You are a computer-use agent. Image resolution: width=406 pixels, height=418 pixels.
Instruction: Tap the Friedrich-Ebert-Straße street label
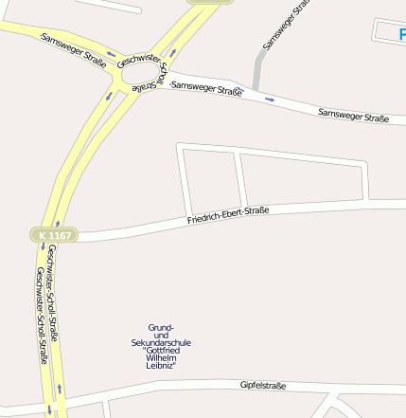tap(228, 215)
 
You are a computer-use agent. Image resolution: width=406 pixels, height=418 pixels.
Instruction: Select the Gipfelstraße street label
tap(263, 386)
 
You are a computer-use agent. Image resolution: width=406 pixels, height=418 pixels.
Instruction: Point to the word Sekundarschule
tap(162, 342)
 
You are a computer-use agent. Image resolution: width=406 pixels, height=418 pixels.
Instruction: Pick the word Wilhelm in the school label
tap(161, 358)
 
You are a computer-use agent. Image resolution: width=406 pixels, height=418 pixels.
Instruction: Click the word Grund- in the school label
tap(161, 327)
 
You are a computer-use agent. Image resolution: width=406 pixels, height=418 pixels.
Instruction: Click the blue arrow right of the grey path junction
tap(272, 98)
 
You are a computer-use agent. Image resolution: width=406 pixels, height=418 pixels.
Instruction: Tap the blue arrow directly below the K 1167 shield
tap(44, 248)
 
